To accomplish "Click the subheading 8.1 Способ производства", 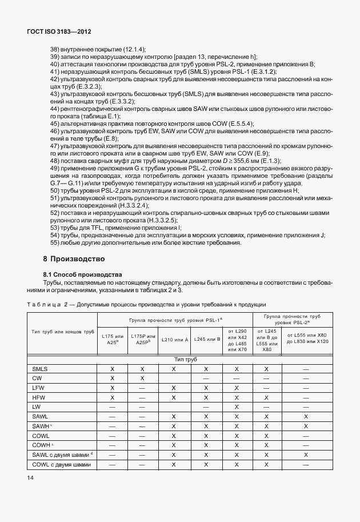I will pyautogui.click(x=83, y=274).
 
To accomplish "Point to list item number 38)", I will pyautogui.click(x=56, y=49).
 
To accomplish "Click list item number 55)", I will pyautogui.click(x=56, y=242).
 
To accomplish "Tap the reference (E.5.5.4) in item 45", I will pyautogui.click(x=240, y=123).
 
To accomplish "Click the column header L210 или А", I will pyautogui.click(x=174, y=340).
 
